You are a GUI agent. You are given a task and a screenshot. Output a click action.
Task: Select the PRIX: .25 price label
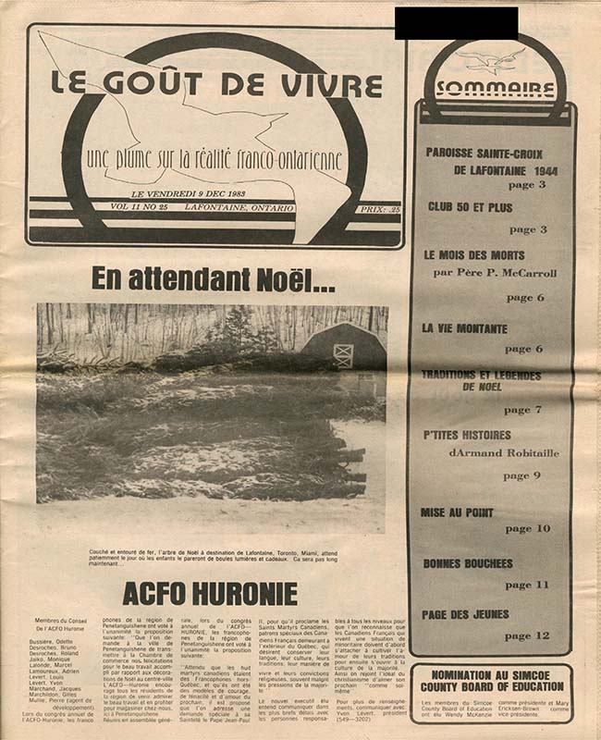click(x=380, y=210)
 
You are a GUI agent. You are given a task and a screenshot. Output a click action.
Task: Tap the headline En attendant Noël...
click(x=214, y=279)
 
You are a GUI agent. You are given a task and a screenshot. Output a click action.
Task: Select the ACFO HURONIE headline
click(x=210, y=593)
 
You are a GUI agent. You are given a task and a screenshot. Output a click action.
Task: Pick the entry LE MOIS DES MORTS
click(x=473, y=254)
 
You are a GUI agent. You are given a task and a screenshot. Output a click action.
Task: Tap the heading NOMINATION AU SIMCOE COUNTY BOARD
click(x=491, y=681)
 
